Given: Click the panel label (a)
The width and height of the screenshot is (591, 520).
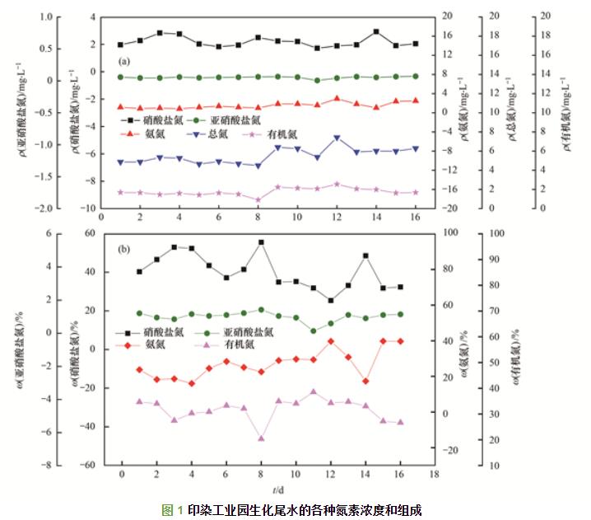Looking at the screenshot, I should click(x=124, y=61).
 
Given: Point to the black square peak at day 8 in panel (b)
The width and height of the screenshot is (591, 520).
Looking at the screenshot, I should click(x=261, y=242).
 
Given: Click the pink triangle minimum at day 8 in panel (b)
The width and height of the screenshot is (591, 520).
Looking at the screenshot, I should click(x=261, y=438).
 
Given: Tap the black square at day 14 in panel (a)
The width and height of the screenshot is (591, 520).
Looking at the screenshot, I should click(x=376, y=31).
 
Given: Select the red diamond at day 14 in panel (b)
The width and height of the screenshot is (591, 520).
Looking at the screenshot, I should click(x=365, y=381).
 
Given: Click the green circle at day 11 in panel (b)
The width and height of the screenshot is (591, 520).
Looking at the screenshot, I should click(x=314, y=331).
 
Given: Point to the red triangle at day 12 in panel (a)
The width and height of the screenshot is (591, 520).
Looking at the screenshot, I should click(x=337, y=98).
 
